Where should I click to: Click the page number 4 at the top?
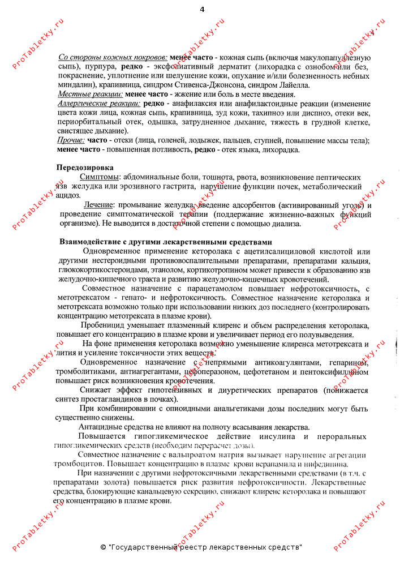202,9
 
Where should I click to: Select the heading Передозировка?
84,168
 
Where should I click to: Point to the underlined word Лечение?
100,204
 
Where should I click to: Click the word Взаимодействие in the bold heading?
91,242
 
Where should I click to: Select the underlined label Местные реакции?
90,95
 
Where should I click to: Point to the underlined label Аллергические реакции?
99,104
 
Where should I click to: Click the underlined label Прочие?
71,140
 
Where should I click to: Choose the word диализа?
285,223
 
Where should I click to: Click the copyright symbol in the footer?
103,547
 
